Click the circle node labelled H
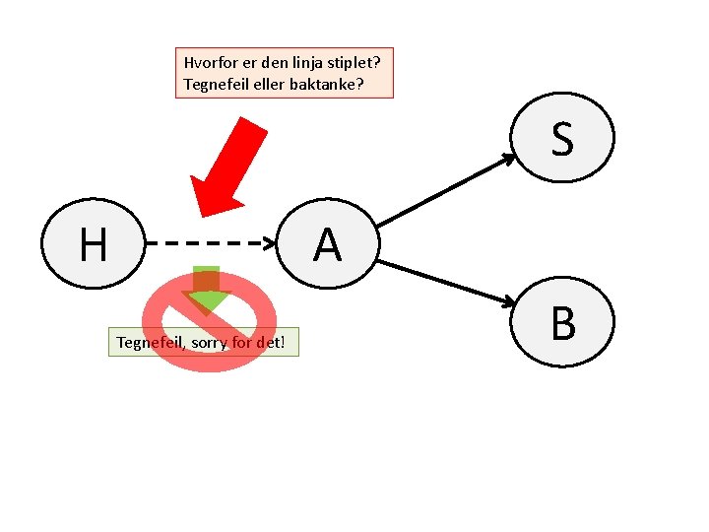[93, 243]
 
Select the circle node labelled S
[563, 138]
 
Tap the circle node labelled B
[563, 322]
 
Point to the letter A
[327, 244]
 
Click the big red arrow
[228, 166]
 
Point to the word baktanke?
[327, 85]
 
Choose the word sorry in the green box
[207, 342]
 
